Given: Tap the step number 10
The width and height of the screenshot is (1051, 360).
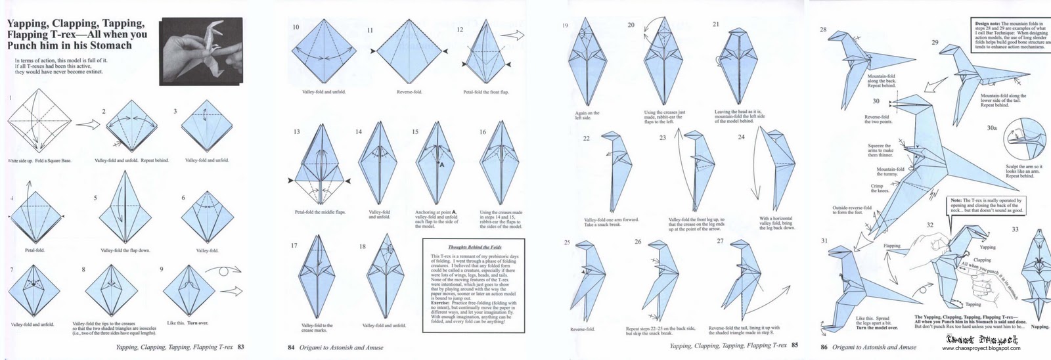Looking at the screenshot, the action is click(296, 27).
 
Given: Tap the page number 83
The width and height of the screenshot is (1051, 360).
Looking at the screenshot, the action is click(241, 346).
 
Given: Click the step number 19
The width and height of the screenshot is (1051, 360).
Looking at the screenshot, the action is click(565, 26).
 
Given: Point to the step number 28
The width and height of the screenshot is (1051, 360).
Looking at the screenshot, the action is click(823, 30).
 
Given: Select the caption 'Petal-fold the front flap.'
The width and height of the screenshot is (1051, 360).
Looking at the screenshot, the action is click(485, 92).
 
